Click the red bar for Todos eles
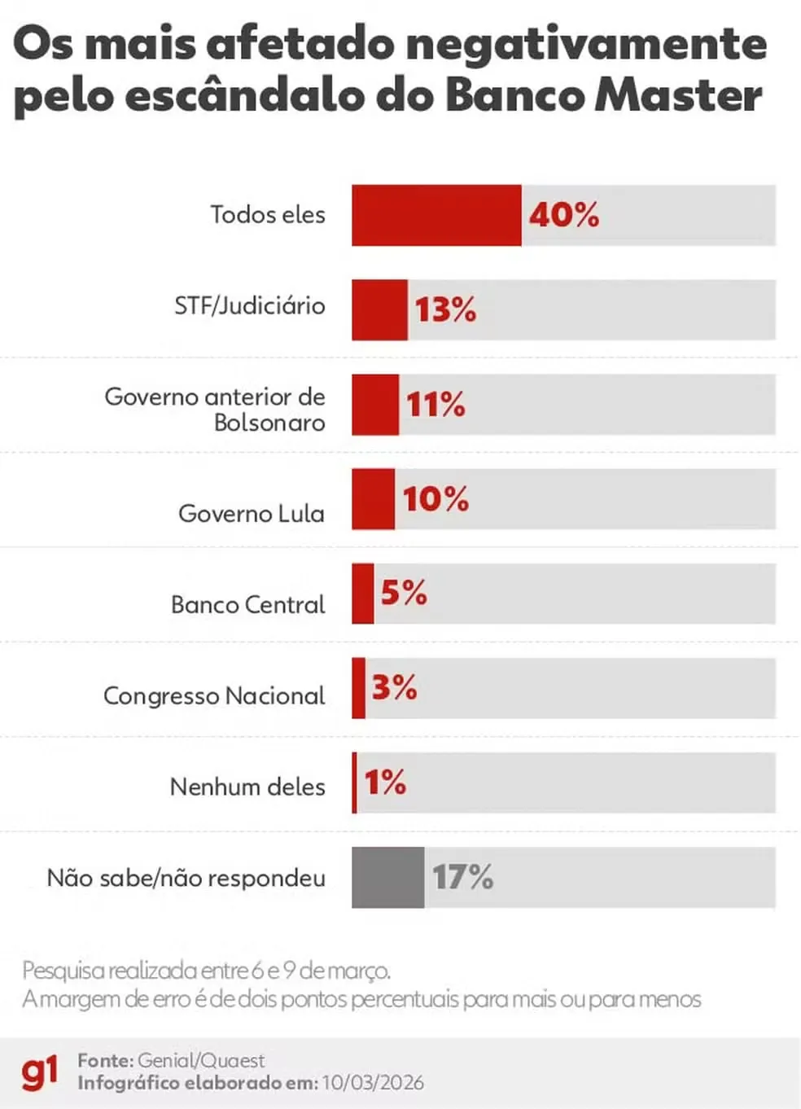coord(436,215)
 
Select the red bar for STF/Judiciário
coord(379,310)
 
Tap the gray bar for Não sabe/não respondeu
coord(387,878)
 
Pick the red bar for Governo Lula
coord(373,499)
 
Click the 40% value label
coord(564,215)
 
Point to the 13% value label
coord(445,310)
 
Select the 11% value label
coord(436,405)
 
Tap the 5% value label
coord(404,593)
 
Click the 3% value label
coord(394,688)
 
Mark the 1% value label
coord(385,782)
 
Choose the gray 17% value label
coord(462,878)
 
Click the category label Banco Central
coord(247,605)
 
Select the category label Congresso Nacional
coord(213,696)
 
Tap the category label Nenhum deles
coord(247,787)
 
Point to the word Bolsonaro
coord(269,423)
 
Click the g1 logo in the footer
coord(40,1072)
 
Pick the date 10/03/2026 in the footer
coord(373,1083)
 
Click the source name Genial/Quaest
coord(201,1061)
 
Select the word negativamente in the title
coord(586,44)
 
